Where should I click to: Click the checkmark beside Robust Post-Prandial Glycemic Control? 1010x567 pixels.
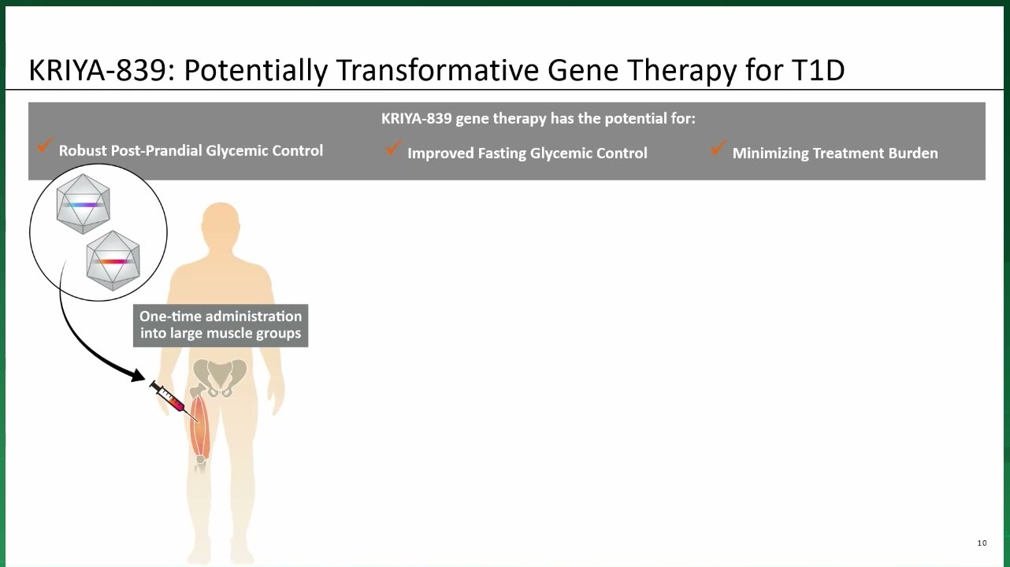pos(45,145)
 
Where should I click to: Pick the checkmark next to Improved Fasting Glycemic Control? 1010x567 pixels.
pos(394,147)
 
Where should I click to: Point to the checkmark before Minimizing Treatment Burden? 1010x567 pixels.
pos(718,147)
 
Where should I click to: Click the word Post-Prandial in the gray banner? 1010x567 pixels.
pos(156,150)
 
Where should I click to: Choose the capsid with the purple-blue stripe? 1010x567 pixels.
pos(84,204)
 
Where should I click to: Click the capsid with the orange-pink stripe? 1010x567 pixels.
pos(113,261)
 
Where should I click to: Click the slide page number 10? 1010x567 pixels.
pos(982,543)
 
